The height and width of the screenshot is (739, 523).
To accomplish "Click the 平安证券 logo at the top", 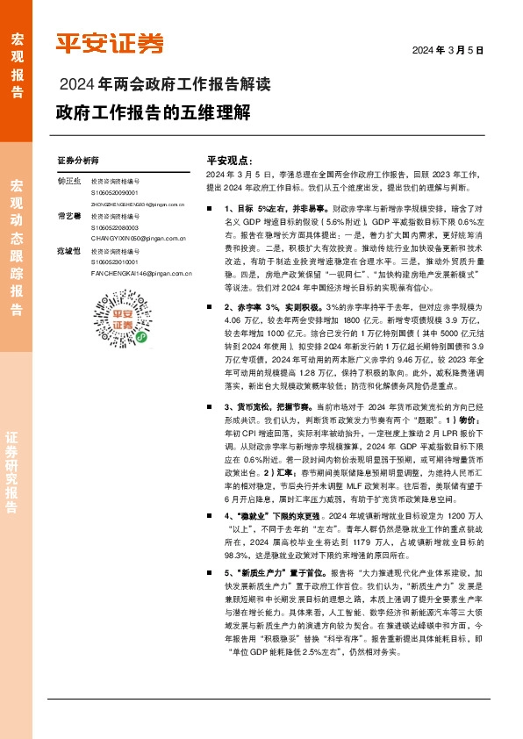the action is point(110,43).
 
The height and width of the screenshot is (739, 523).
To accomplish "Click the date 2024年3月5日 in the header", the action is point(448,50).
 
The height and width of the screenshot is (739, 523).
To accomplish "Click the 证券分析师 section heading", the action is point(78,161).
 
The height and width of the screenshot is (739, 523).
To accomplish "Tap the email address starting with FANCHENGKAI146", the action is point(141,273).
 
